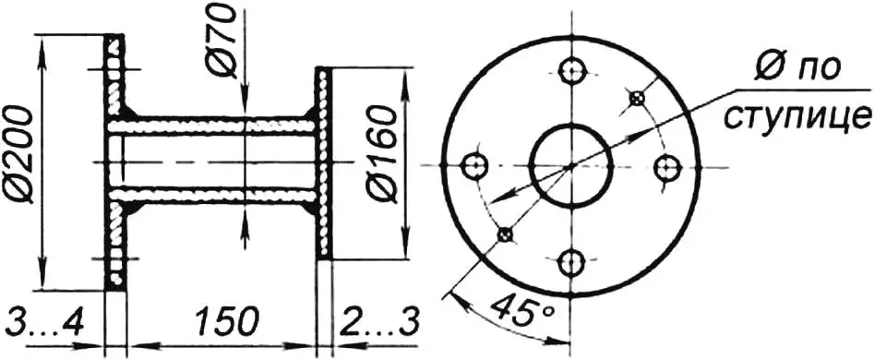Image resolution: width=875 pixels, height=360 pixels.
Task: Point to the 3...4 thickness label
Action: [43, 322]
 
